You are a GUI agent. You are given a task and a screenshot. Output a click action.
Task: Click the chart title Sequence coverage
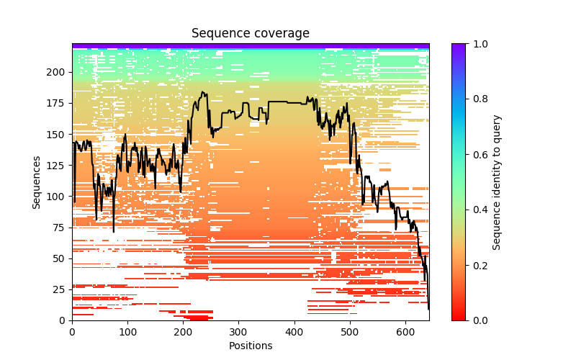pos(251,34)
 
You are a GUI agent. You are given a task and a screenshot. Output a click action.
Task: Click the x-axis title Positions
pos(251,346)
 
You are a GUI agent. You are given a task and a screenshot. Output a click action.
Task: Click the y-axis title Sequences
pos(37,182)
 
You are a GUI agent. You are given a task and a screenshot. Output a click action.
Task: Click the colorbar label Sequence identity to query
pos(497,182)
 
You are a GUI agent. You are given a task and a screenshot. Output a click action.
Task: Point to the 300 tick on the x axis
pos(239,320)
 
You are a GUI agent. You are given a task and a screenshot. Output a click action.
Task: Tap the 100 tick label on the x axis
pos(127,332)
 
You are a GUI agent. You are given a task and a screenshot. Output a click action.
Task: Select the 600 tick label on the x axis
pos(406,332)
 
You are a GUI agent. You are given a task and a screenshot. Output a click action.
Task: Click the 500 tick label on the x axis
pos(350,332)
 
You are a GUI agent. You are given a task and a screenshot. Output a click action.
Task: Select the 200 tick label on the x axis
pos(184,332)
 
